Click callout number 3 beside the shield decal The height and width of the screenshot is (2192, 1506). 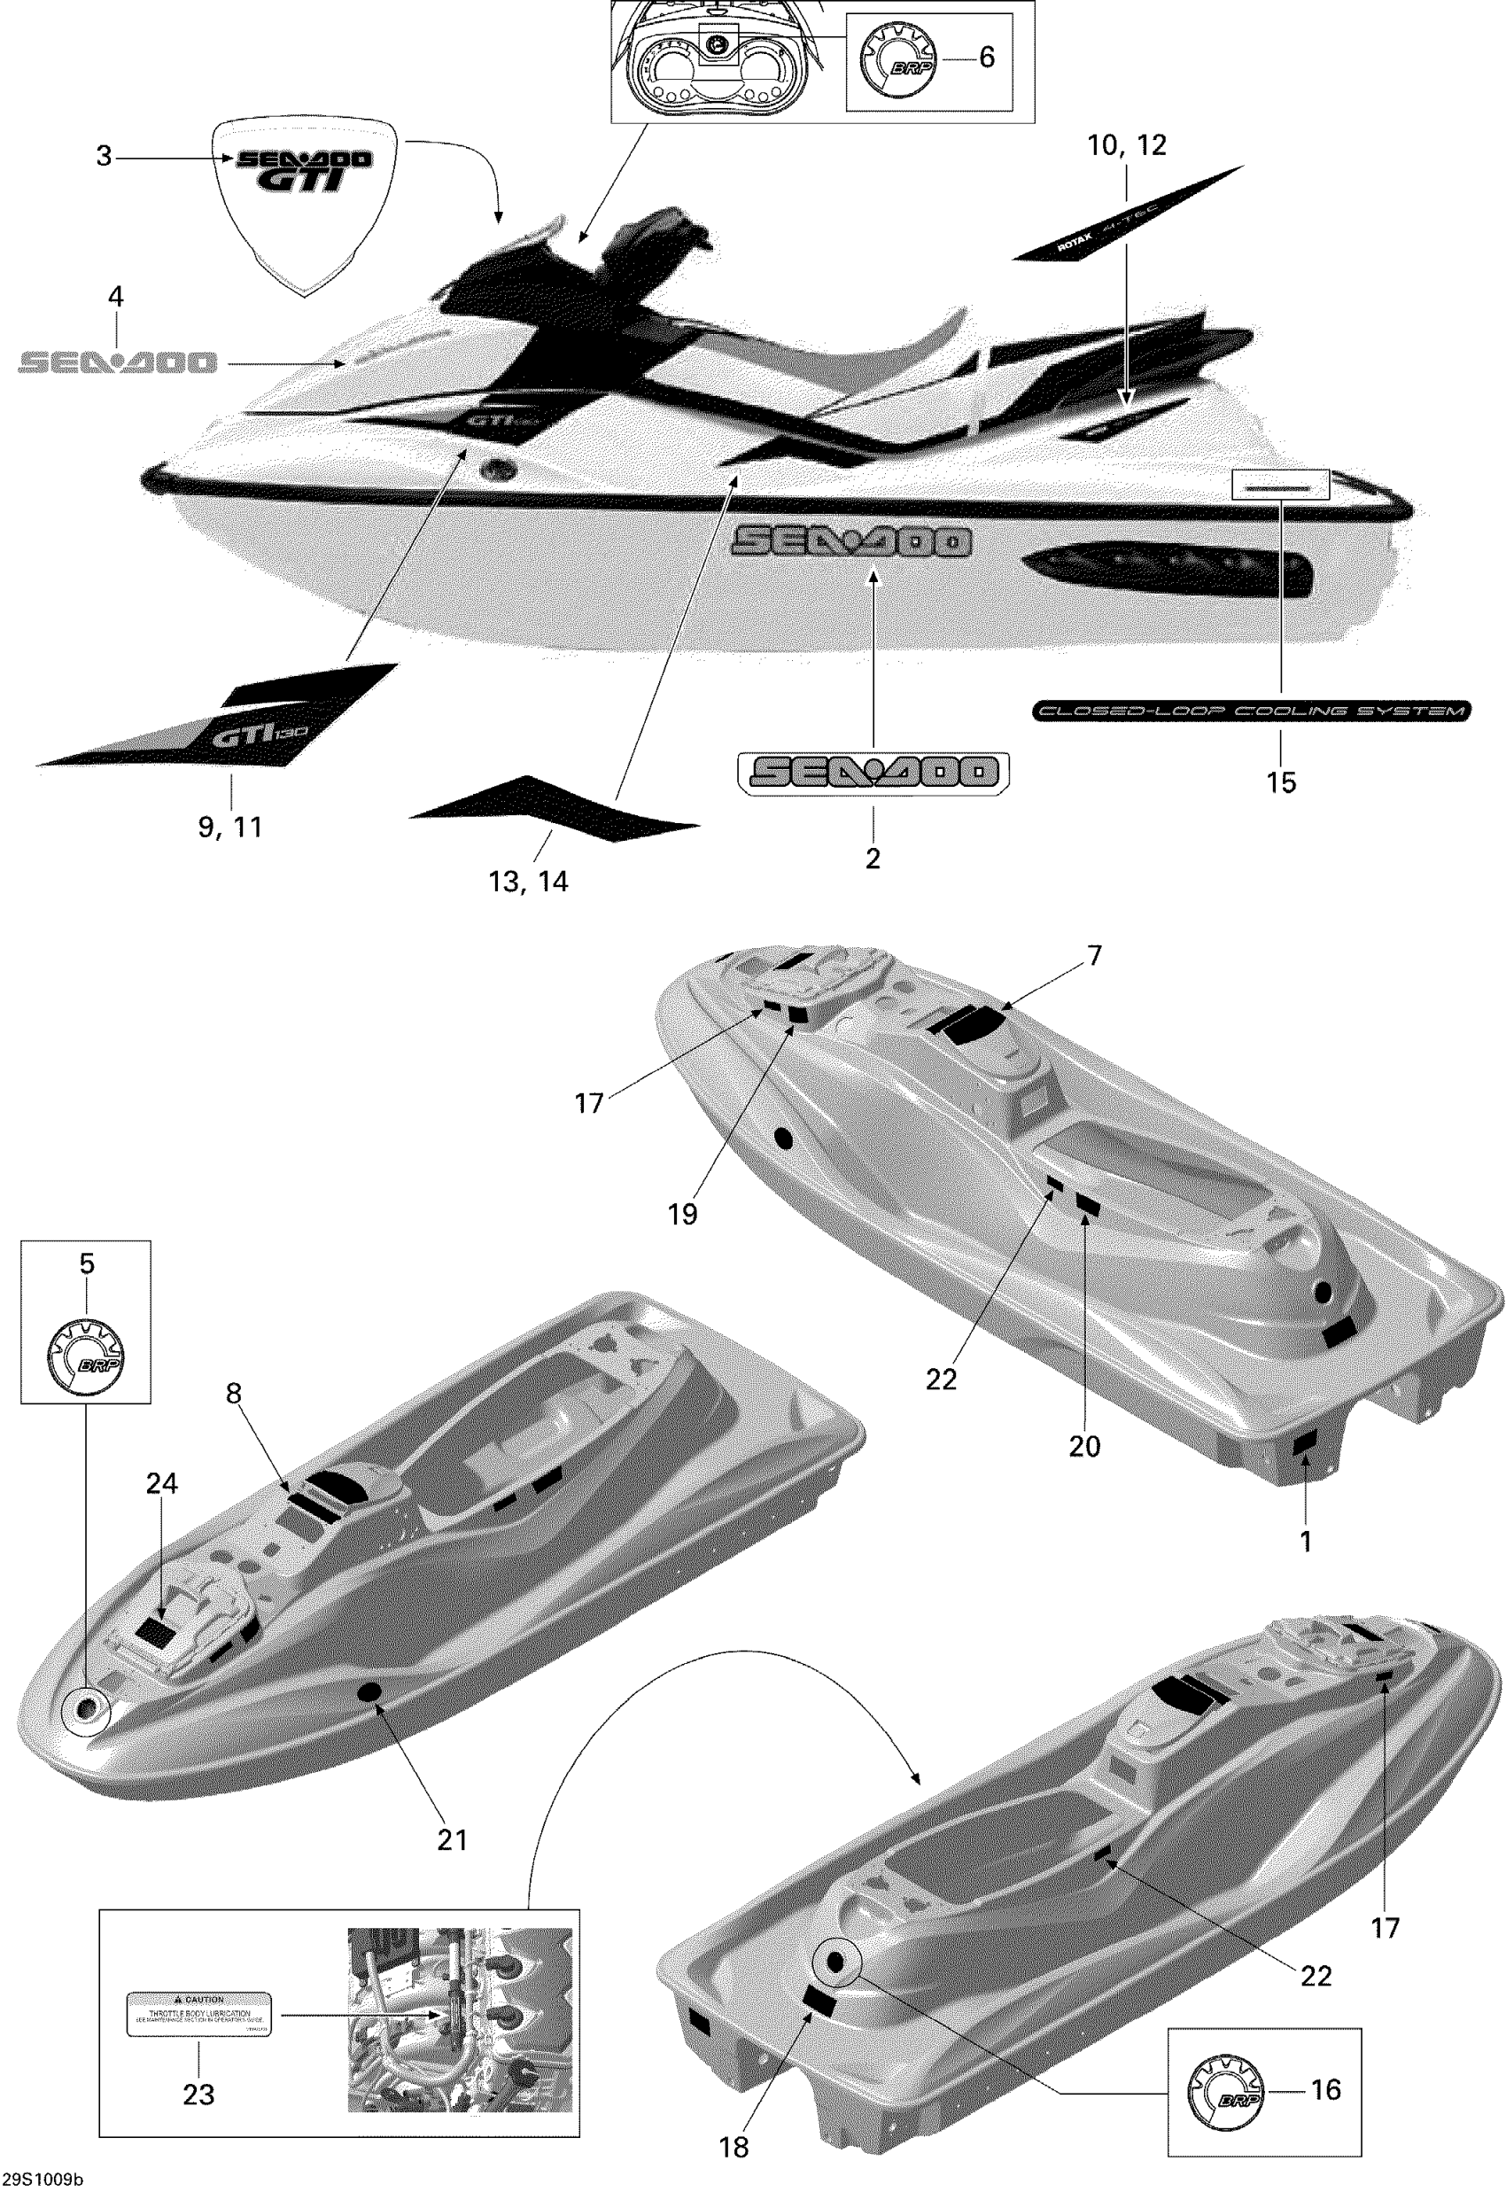[104, 157]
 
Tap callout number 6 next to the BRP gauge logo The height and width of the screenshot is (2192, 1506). [986, 58]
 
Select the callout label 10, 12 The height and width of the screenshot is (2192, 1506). [1127, 145]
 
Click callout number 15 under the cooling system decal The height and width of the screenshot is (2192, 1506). [1280, 782]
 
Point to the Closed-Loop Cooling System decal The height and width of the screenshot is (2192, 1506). [1251, 711]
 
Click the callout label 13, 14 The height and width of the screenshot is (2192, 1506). [528, 882]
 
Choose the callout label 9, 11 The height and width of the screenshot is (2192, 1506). [230, 827]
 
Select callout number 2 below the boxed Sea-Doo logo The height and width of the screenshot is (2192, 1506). [873, 858]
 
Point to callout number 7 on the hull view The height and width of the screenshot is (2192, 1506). [1095, 956]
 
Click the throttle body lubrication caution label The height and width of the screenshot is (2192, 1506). [199, 2013]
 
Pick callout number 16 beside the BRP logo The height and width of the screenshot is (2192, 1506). [1326, 2089]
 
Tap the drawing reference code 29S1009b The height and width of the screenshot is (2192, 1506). [42, 2180]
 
